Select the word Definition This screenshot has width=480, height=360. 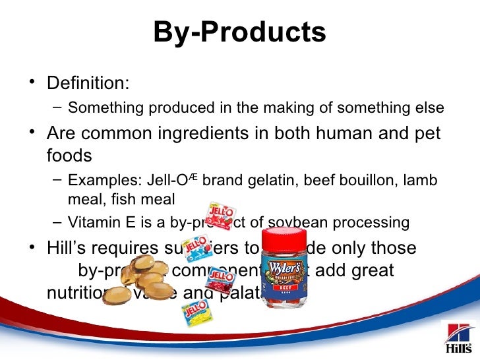coord(87,84)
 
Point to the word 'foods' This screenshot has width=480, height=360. coord(69,156)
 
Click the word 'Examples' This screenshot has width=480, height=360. coord(99,180)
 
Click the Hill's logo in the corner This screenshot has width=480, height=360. coord(458,339)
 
